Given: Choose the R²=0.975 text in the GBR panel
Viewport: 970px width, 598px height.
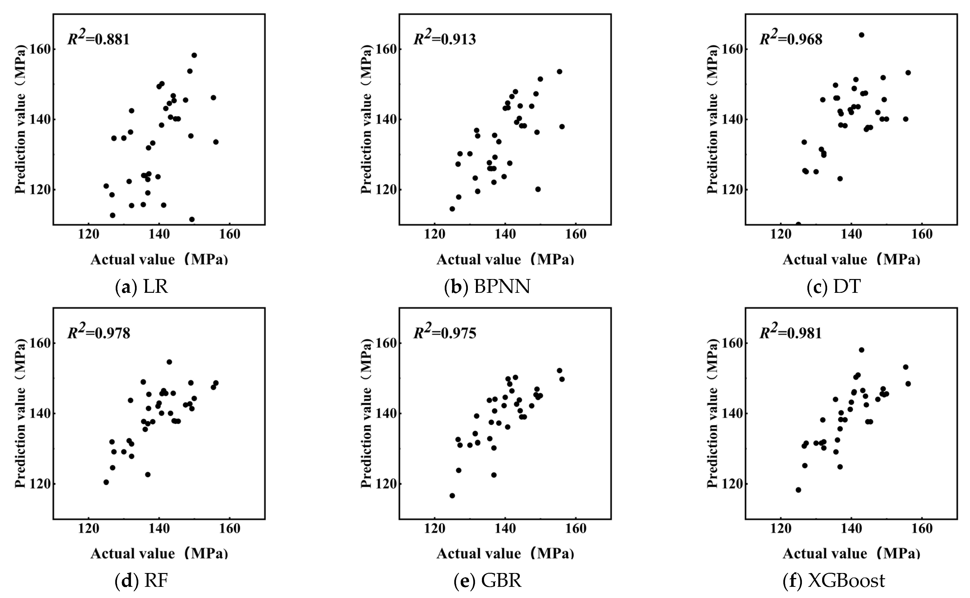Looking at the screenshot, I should click(x=445, y=332).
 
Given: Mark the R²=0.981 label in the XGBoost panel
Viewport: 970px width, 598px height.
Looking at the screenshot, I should click(x=791, y=332).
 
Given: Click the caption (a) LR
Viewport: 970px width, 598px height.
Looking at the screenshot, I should click(x=141, y=287).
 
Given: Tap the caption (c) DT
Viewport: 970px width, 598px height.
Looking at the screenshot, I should click(x=834, y=287).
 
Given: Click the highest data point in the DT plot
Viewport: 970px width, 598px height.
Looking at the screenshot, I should click(x=861, y=35).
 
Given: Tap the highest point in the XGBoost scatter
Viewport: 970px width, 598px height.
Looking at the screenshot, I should click(x=861, y=350).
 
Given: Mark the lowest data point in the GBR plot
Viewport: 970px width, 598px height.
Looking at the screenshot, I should click(x=452, y=495).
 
